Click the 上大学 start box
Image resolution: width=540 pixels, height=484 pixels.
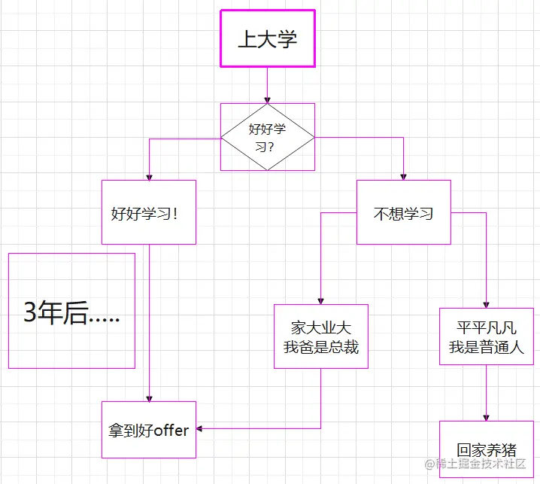tap(267, 39)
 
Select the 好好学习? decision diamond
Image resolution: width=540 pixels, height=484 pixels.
tap(267, 136)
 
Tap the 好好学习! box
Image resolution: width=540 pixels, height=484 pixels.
tap(149, 212)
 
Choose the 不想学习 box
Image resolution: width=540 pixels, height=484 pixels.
tap(403, 212)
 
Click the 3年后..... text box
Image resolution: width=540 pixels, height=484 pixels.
tap(71, 311)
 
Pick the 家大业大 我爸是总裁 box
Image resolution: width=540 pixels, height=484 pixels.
tap(321, 336)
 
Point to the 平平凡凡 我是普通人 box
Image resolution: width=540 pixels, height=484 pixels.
tap(486, 336)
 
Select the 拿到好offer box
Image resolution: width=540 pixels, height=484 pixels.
tap(149, 430)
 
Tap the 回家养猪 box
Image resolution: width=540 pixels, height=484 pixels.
tap(486, 450)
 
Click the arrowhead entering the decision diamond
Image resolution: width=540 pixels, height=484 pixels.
tap(267, 99)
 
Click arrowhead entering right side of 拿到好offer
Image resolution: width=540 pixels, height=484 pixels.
tap(200, 429)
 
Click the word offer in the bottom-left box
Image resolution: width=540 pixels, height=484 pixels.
tap(171, 431)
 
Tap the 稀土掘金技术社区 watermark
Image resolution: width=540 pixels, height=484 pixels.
tap(475, 464)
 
